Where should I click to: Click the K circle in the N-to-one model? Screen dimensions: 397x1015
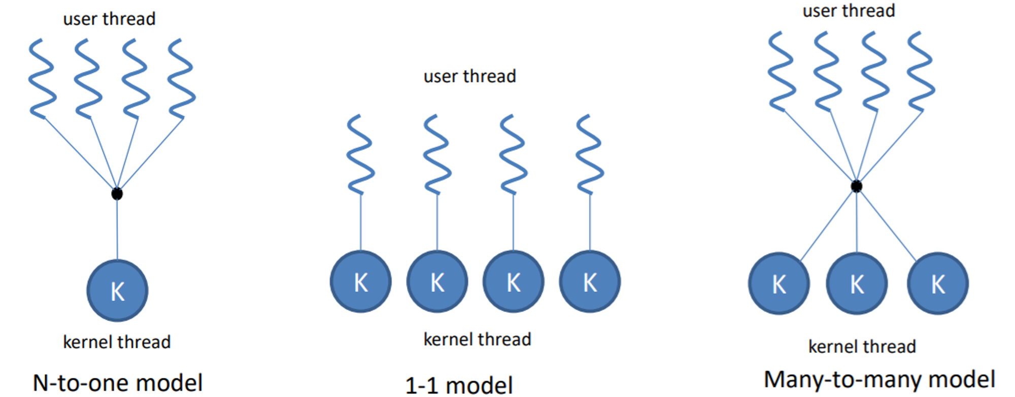(x=117, y=290)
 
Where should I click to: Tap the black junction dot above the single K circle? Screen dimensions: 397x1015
(x=117, y=193)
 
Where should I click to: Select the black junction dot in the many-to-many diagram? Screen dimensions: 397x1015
(x=856, y=186)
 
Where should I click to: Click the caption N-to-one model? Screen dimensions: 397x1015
(x=118, y=383)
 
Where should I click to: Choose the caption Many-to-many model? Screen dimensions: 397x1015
(x=879, y=380)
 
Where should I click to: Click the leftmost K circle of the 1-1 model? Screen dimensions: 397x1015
(x=361, y=282)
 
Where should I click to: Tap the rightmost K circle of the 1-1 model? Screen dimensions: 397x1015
(x=590, y=282)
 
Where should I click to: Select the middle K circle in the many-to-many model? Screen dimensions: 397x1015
(x=857, y=283)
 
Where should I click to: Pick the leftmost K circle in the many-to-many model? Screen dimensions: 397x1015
(x=779, y=283)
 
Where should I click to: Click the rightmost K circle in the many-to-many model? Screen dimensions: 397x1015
(x=938, y=283)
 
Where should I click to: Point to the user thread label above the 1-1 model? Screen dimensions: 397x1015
(x=469, y=76)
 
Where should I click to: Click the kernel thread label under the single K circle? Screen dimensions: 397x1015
(x=117, y=342)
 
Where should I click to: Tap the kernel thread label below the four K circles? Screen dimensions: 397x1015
(x=477, y=339)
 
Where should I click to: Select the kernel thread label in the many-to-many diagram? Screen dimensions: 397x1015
(x=862, y=346)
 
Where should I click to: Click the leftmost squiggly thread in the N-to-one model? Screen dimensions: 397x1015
(x=42, y=79)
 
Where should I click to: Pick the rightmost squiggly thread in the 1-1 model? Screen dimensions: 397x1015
(x=590, y=154)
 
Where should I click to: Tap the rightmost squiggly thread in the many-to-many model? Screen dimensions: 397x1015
(x=921, y=71)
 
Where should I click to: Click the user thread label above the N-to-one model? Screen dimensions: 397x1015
(x=109, y=19)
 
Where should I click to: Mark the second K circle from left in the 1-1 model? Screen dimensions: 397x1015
(x=437, y=282)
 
